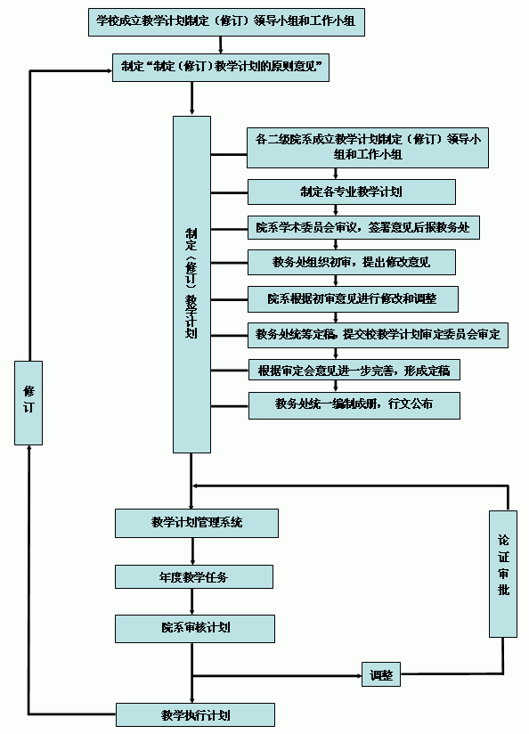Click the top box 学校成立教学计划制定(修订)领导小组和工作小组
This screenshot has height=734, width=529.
point(226,21)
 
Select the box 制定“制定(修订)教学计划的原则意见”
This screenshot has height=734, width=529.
point(221,68)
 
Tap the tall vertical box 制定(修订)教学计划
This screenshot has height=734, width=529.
point(191,284)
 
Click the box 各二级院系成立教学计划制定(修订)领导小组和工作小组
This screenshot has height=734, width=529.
point(368,148)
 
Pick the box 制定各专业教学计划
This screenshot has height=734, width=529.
point(352,192)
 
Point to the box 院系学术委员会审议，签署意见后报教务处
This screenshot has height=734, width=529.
point(363,227)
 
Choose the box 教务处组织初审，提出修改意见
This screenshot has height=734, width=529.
point(352,262)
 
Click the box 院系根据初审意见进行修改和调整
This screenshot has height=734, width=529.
point(353,299)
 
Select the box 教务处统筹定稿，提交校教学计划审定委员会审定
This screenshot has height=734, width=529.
point(378,335)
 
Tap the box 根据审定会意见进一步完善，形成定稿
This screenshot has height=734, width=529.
point(354,370)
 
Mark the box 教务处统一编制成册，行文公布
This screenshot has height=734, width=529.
point(354,405)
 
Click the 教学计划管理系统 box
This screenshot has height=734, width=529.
point(197,523)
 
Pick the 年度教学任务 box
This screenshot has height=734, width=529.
point(194,576)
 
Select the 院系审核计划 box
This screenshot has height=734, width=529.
point(195,629)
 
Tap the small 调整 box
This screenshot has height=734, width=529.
point(381,674)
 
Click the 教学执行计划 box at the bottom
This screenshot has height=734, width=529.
point(195,714)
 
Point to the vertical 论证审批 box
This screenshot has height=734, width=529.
point(503,574)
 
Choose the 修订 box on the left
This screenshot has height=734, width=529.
point(28,403)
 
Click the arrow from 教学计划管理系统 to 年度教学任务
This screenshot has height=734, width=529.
point(192,551)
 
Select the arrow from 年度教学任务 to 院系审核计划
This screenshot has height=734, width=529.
point(192,601)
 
